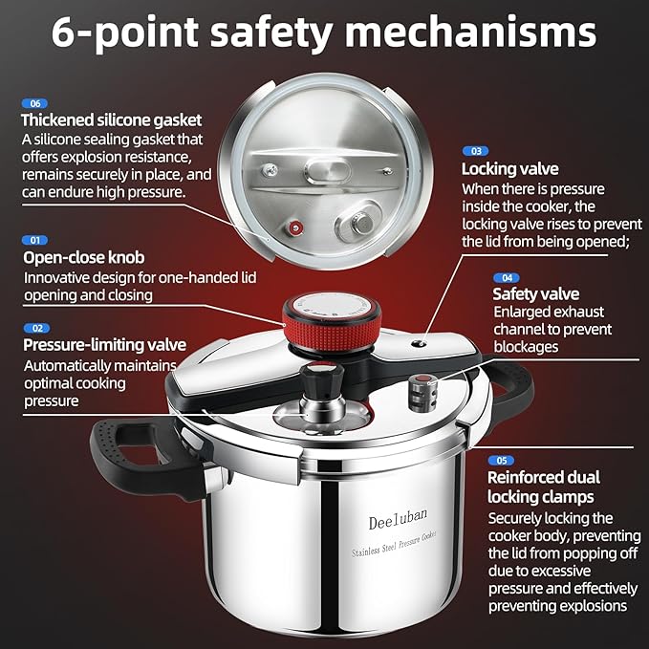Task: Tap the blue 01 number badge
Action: pos(34,240)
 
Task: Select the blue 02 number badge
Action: pos(34,328)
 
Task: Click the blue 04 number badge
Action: pos(507,277)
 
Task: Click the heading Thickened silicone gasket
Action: pos(112,120)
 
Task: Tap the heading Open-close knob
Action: pos(84,258)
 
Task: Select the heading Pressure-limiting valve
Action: pos(105,345)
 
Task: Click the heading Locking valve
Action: pos(510,169)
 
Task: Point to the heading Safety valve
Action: pos(535,294)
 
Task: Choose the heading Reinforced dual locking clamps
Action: pos(541,487)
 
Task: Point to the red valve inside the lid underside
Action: pos(295,227)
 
